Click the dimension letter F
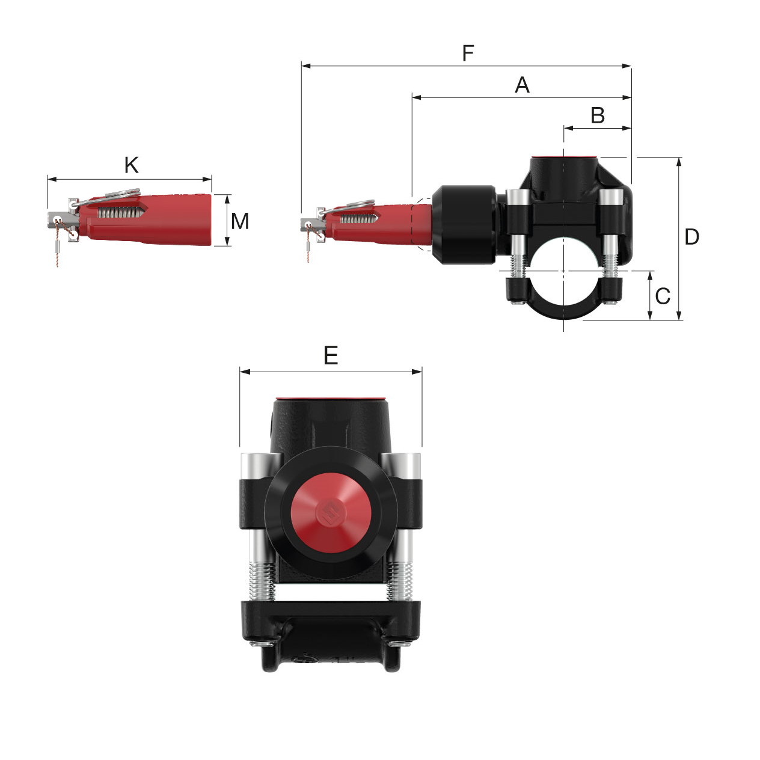tap(468, 54)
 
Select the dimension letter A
tap(522, 85)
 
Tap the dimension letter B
tap(597, 115)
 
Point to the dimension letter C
tap(663, 296)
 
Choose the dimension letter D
tap(691, 237)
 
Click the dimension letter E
tap(331, 356)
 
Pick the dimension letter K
tap(131, 165)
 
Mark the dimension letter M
tap(240, 221)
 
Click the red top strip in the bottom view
tap(330, 399)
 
